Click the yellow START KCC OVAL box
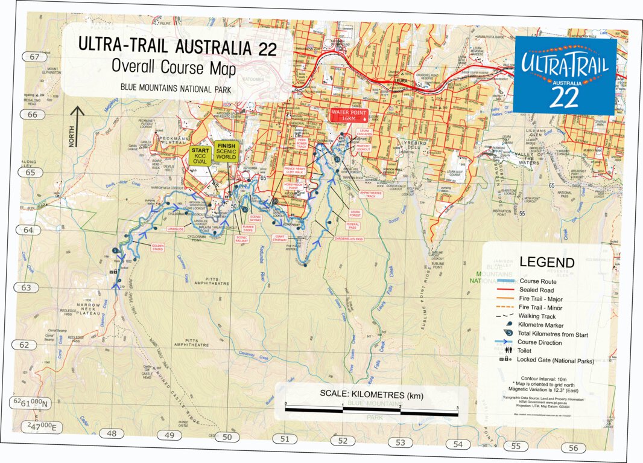click(x=200, y=155)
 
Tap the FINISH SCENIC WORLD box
click(x=227, y=151)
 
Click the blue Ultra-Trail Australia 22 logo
click(x=565, y=74)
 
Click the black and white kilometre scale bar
click(x=372, y=410)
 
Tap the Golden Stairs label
click(x=158, y=247)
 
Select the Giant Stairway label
click(x=280, y=238)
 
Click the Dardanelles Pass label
click(x=349, y=239)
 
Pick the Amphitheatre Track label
click(x=371, y=194)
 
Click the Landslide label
click(x=176, y=229)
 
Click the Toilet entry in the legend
click(x=527, y=350)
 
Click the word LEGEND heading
click(x=547, y=263)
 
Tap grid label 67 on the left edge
click(x=34, y=57)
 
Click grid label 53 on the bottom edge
click(x=401, y=442)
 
